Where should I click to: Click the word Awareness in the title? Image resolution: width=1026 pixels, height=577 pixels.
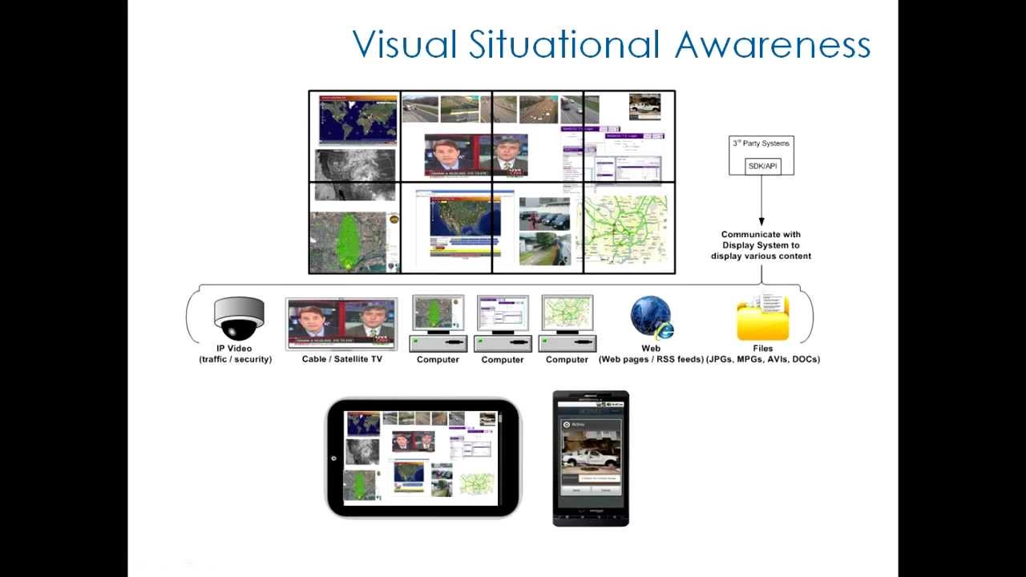(773, 44)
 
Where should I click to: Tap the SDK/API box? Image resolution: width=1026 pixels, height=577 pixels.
(761, 166)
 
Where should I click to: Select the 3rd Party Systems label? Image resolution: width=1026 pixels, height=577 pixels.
(761, 143)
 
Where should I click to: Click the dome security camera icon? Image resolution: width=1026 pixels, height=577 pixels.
(238, 318)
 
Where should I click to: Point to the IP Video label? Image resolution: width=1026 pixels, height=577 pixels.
(235, 349)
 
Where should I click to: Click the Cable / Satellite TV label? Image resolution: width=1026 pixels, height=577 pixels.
(341, 360)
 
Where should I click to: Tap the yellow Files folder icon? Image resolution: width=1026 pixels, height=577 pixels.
(762, 318)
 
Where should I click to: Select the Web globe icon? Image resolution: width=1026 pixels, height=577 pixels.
(651, 317)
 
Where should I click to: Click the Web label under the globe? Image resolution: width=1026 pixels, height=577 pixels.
(651, 349)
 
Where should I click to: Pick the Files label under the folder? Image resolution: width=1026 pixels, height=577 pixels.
(762, 349)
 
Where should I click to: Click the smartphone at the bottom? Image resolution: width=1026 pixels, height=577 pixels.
(591, 458)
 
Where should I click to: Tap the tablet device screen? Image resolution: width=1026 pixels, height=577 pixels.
(421, 458)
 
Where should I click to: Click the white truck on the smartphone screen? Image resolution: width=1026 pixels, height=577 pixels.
(592, 458)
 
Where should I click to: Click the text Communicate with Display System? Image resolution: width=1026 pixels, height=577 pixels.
(761, 240)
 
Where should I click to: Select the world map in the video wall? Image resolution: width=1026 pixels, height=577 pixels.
(357, 120)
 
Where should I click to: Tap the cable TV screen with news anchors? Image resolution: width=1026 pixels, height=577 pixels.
(341, 325)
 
